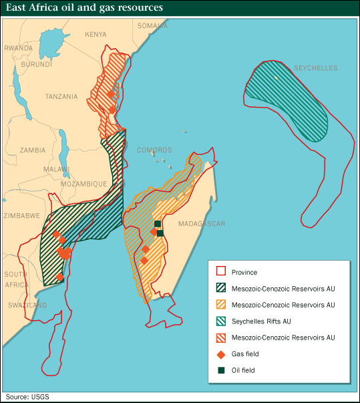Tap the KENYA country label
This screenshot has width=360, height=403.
click(x=96, y=34)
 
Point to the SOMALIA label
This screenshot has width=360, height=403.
click(x=152, y=25)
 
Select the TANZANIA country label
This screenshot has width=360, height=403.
click(x=61, y=96)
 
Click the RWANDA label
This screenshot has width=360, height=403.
click(x=18, y=48)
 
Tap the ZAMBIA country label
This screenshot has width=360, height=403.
click(x=33, y=150)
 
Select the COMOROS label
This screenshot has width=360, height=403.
click(x=154, y=150)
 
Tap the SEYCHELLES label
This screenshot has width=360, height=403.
click(x=316, y=68)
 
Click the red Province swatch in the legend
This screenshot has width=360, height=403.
click(x=220, y=272)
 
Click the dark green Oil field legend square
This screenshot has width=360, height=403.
click(x=220, y=370)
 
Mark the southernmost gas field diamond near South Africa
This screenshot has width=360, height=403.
click(x=60, y=276)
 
